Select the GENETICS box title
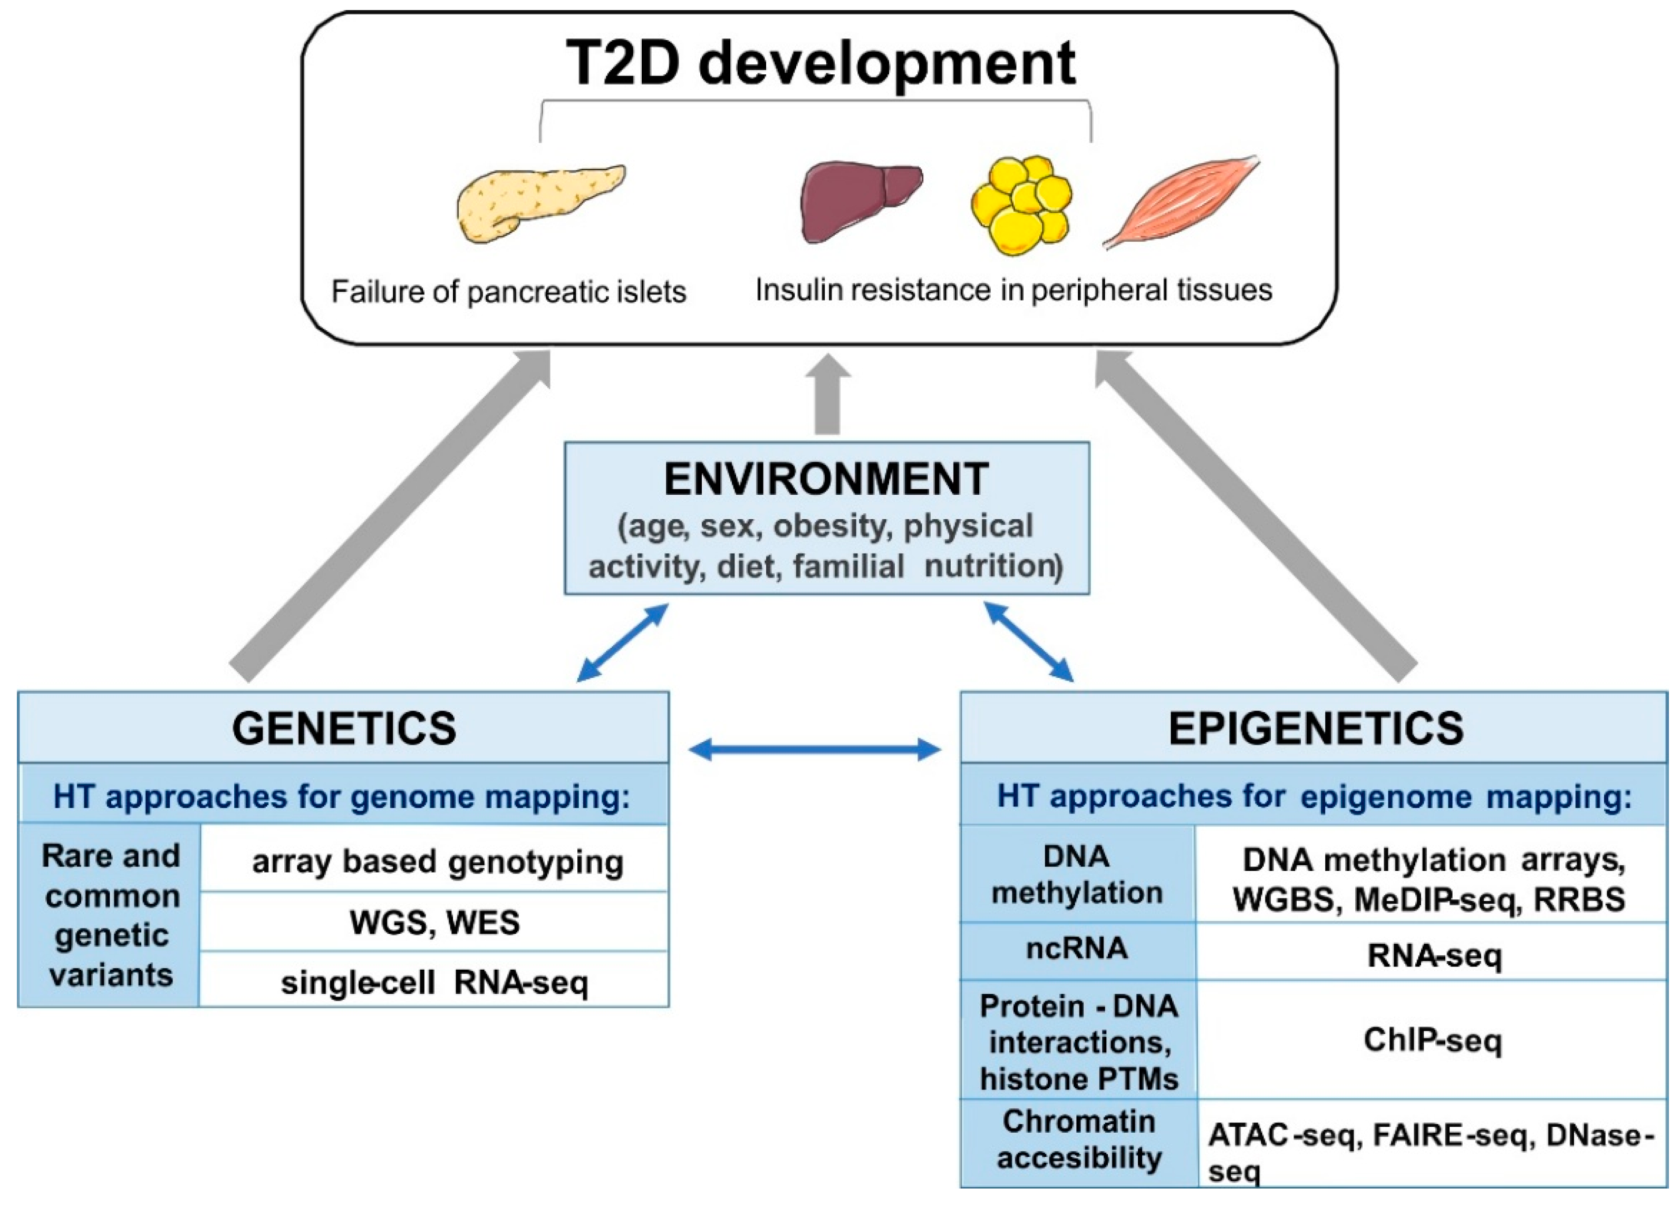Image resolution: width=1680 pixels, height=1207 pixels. pyautogui.click(x=344, y=729)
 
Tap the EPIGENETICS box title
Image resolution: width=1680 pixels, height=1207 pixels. pyautogui.click(x=1316, y=729)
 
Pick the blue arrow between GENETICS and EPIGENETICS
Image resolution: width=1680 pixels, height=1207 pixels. pyautogui.click(x=814, y=749)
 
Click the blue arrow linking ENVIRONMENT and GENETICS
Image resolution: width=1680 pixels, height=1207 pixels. pyautogui.click(x=622, y=643)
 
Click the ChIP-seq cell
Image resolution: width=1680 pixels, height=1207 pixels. pyautogui.click(x=1433, y=1040)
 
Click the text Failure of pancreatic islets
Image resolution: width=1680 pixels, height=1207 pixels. pyautogui.click(x=508, y=292)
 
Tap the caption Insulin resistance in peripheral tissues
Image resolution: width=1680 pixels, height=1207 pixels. pyautogui.click(x=1013, y=290)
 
